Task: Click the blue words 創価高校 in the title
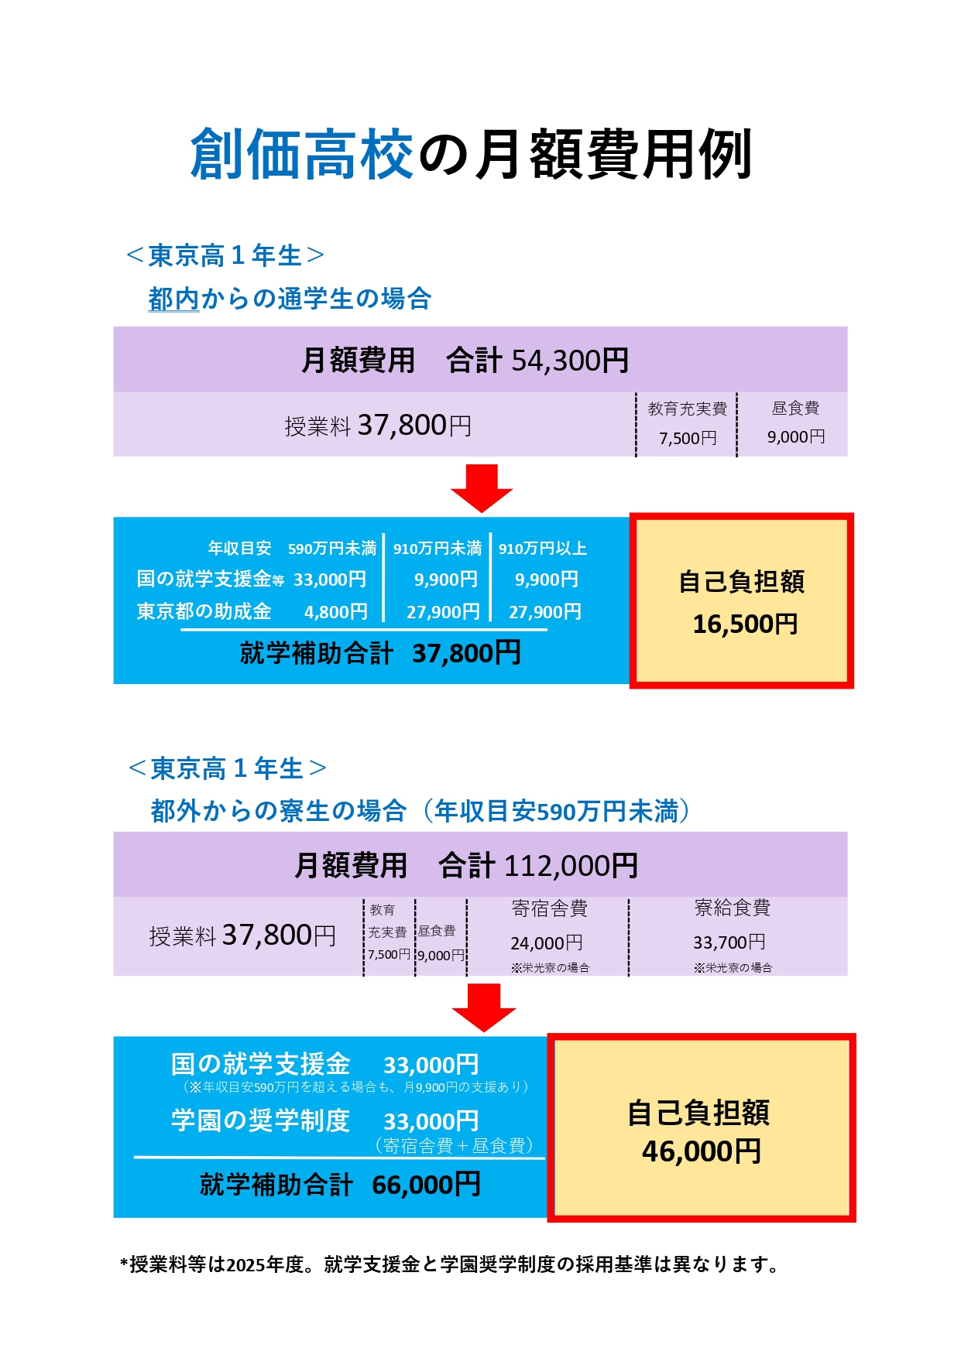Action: (x=301, y=155)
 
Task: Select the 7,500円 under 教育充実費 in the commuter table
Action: (x=688, y=439)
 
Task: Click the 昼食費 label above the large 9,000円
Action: (x=795, y=408)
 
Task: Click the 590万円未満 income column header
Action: (x=332, y=549)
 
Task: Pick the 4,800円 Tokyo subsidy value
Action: (x=336, y=612)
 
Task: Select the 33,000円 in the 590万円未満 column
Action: (x=330, y=580)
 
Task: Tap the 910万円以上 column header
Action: (x=543, y=549)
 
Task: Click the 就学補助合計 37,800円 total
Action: (x=380, y=653)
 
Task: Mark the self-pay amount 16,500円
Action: (x=745, y=624)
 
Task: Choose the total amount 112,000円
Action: (x=571, y=866)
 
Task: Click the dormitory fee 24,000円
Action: (x=547, y=942)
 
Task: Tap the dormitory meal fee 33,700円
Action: (x=729, y=942)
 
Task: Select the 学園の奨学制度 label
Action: (x=260, y=1120)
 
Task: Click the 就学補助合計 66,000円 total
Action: (x=341, y=1185)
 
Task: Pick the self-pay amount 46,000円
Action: (x=702, y=1151)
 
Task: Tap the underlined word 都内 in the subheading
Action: (x=174, y=299)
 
